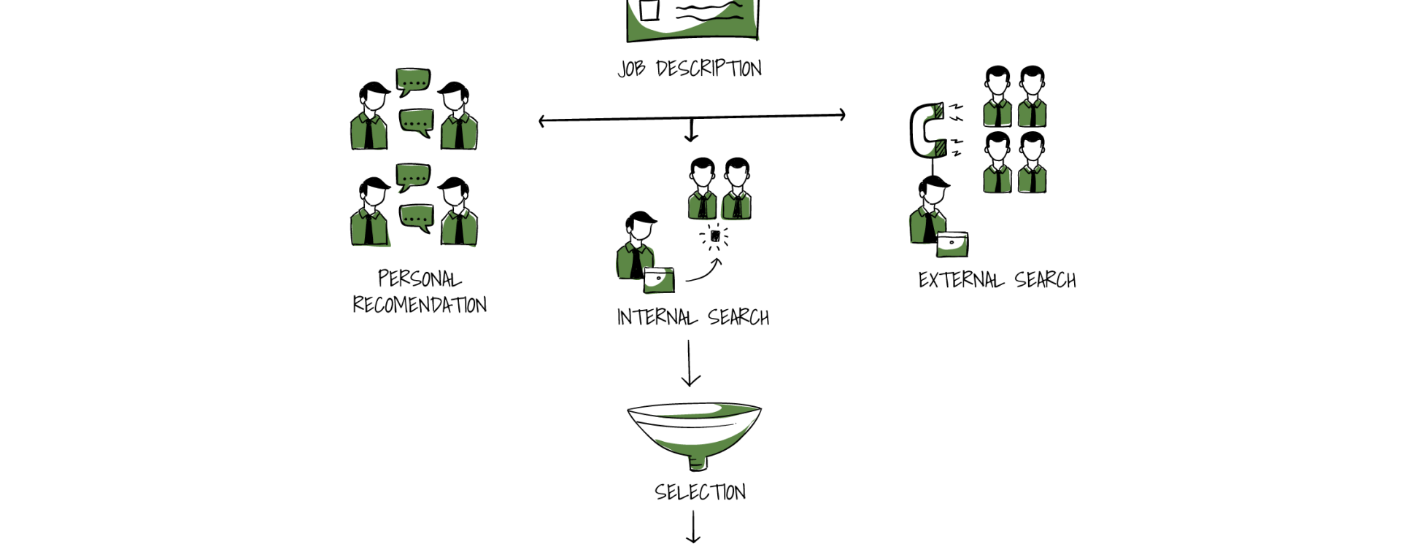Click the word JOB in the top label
(x=631, y=69)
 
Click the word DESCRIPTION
(x=709, y=69)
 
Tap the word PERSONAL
(x=420, y=279)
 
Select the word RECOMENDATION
(x=420, y=304)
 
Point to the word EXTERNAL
(x=961, y=280)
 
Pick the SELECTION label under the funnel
(x=700, y=492)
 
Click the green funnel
(x=694, y=435)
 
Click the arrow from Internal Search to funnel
(x=690, y=363)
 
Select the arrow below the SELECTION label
(x=692, y=527)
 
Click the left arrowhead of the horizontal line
(x=541, y=121)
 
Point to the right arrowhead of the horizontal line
(x=843, y=114)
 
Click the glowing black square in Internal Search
(x=716, y=236)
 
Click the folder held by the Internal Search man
(x=659, y=280)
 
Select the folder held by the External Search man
(x=952, y=244)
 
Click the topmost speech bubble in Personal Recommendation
(x=413, y=82)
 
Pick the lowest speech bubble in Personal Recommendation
(x=417, y=218)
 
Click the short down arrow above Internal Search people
(x=690, y=130)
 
